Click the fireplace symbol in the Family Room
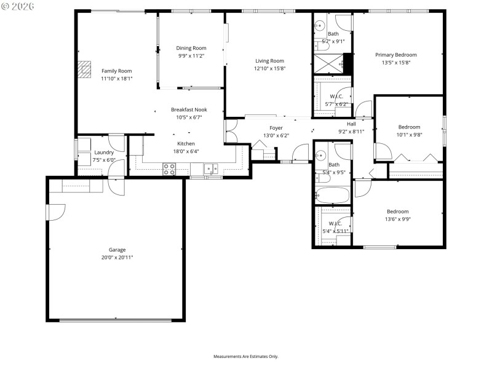83,69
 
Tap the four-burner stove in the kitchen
169,169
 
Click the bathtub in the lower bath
332,196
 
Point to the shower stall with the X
328,63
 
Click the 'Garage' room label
117,250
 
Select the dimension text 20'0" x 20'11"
117,257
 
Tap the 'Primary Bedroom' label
396,55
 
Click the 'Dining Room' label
191,48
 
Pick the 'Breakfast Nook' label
189,109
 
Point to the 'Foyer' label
276,128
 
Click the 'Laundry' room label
103,153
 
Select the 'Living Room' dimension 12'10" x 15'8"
269,68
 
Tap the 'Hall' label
351,124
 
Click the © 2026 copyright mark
18,6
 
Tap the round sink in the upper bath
320,26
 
